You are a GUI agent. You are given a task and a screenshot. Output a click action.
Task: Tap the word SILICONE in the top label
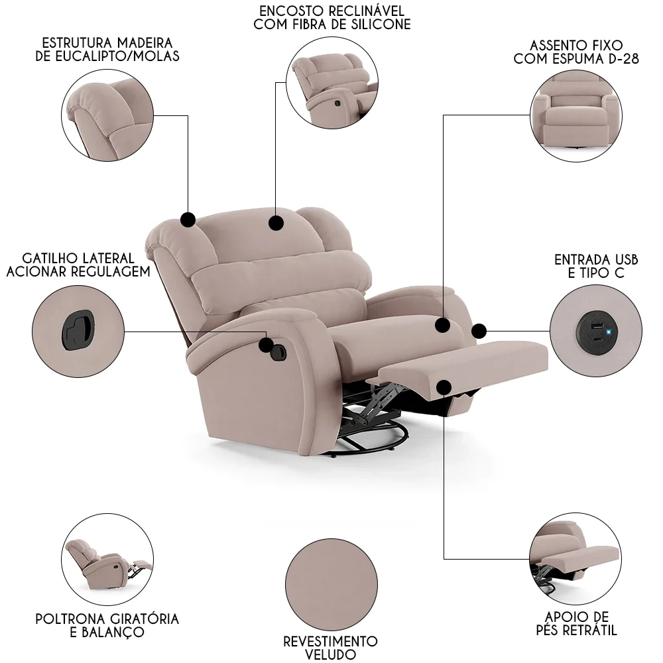[x=382, y=25]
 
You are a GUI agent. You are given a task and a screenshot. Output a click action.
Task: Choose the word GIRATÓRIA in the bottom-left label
[x=141, y=619]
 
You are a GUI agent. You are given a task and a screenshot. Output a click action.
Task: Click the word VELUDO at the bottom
[x=330, y=655]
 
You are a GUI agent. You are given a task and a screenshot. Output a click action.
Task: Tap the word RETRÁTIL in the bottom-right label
[x=590, y=629]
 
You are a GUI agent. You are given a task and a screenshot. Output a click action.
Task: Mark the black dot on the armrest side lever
[x=267, y=345]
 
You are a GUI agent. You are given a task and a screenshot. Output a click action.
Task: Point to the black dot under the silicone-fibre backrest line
[x=276, y=223]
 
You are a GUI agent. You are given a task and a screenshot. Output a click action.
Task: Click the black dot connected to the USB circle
[x=479, y=330]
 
